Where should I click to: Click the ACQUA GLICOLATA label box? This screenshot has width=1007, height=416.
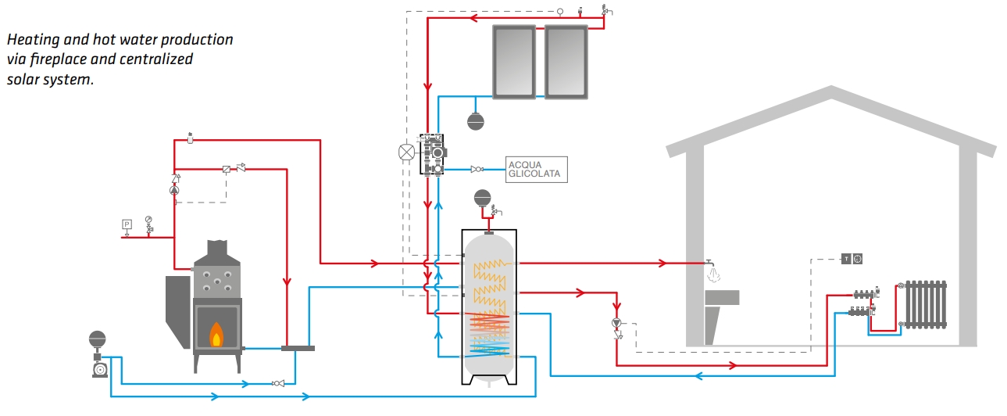(x=536, y=170)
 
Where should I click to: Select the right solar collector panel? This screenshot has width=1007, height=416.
(x=566, y=61)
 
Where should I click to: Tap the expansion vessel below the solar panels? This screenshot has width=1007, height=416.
(x=475, y=121)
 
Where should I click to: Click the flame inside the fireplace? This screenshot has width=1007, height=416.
(x=216, y=335)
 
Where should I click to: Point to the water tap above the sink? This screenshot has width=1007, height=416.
(x=710, y=264)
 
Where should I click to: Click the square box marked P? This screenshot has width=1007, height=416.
(x=127, y=224)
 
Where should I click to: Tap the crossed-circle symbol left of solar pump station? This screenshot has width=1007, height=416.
(x=405, y=152)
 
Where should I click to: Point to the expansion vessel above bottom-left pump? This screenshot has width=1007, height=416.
(x=98, y=339)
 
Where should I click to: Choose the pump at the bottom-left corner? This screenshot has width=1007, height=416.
(x=99, y=368)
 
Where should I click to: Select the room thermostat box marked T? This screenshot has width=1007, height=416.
(x=845, y=259)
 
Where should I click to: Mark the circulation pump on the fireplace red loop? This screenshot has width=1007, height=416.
(x=175, y=188)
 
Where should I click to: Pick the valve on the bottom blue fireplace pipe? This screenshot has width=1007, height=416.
(x=277, y=383)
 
